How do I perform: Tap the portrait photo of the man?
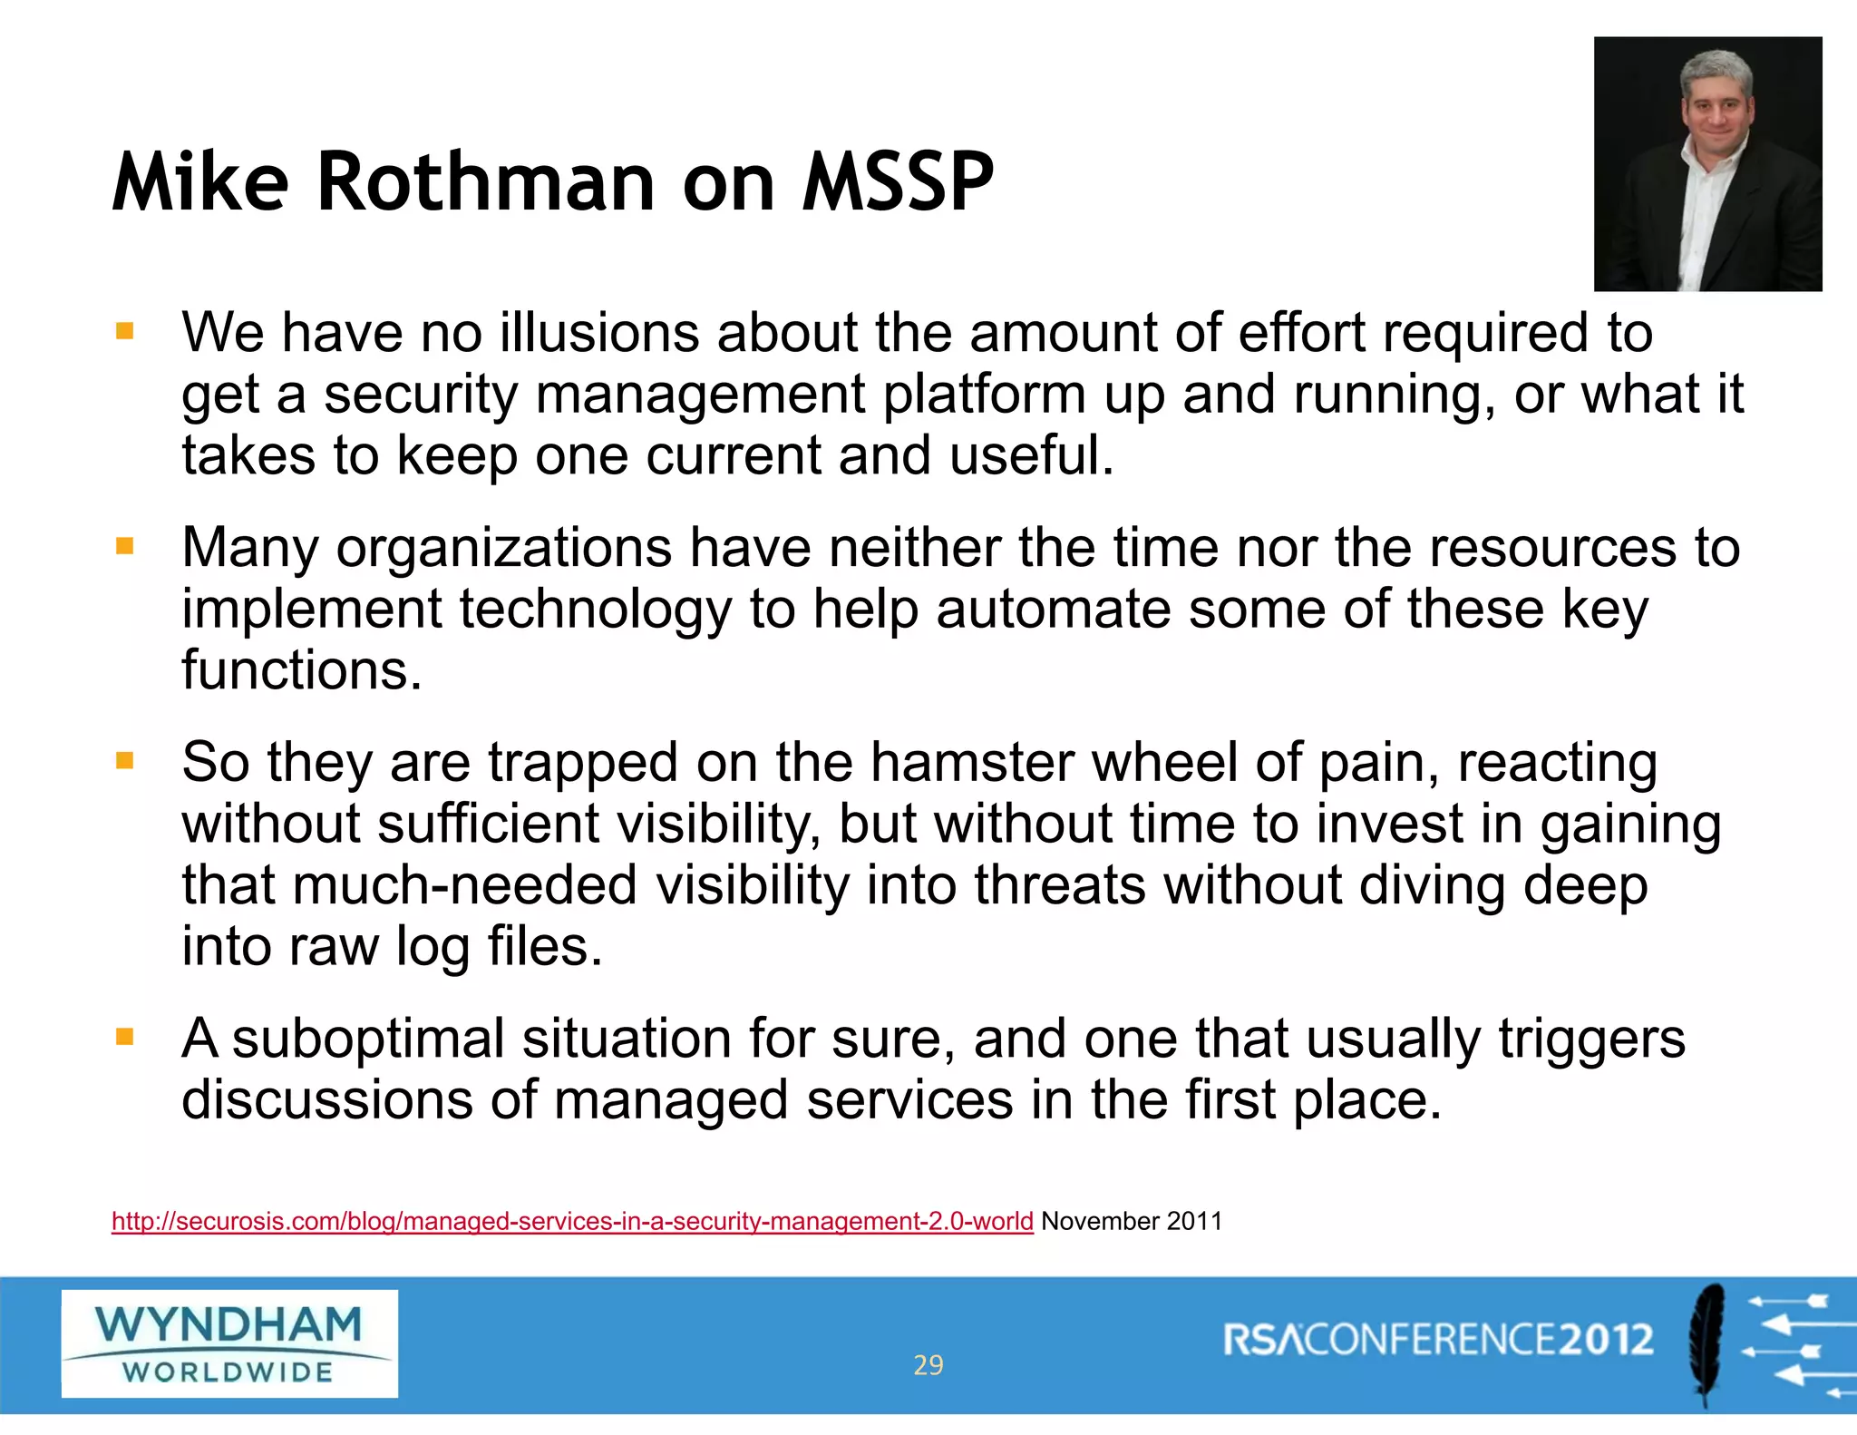click(1707, 164)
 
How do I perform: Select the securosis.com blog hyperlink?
click(572, 1221)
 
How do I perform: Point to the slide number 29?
click(928, 1365)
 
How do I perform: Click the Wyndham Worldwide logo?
click(229, 1343)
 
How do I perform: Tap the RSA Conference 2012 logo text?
click(1438, 1340)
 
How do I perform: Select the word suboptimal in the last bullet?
click(367, 1039)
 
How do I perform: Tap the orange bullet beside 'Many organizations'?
click(125, 546)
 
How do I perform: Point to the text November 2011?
click(1132, 1221)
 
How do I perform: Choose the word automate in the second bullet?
click(1053, 609)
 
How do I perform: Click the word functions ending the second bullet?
click(302, 670)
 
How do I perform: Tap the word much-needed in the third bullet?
click(465, 885)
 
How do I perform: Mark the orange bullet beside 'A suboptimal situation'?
click(125, 1037)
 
